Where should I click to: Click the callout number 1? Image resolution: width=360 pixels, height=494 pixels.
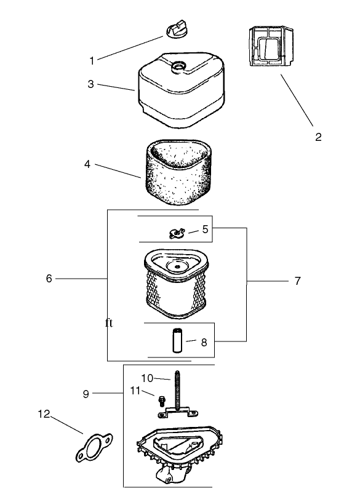(92, 60)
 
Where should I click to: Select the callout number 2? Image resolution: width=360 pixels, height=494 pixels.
(318, 137)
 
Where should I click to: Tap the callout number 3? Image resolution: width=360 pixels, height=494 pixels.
(91, 84)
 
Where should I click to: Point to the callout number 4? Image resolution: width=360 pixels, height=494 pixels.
(87, 164)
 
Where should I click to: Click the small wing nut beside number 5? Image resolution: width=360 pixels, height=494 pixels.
(177, 233)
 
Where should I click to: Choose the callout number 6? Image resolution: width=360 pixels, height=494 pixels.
(49, 279)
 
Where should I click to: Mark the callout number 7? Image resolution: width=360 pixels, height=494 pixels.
(298, 281)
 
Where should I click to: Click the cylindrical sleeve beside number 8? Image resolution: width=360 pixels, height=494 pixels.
(177, 340)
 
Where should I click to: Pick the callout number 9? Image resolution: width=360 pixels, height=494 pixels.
(86, 394)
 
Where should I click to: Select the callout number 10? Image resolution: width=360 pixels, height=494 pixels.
(147, 378)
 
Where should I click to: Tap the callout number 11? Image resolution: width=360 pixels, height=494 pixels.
(135, 391)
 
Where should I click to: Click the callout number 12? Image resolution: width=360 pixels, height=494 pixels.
(44, 414)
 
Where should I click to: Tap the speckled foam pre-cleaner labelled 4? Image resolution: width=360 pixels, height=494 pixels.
(178, 172)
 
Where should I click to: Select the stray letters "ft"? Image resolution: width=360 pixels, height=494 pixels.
(109, 323)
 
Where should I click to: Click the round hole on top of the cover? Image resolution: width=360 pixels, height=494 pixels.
(178, 66)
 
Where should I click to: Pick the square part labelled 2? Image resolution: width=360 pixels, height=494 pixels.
(271, 46)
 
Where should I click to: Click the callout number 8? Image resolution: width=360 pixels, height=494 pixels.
(204, 343)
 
